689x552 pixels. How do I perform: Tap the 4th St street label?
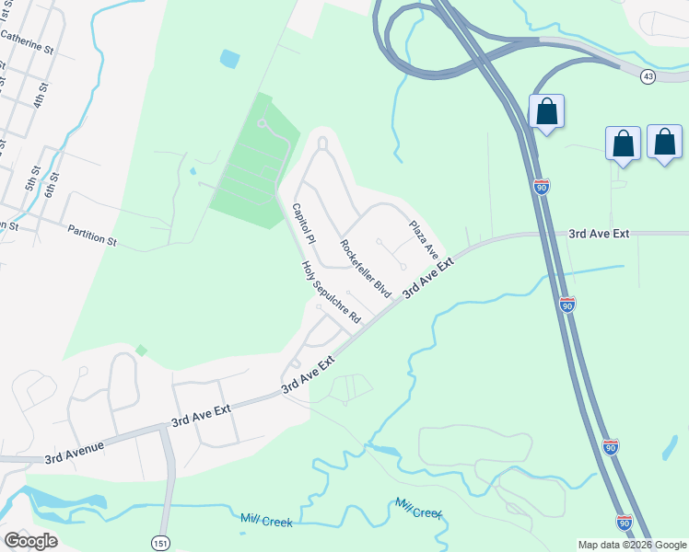[x=40, y=94]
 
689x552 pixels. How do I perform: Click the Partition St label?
[x=92, y=234]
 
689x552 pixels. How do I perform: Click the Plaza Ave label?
[x=424, y=238]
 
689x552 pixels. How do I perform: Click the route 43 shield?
[x=648, y=77]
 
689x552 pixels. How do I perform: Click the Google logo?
[x=30, y=540]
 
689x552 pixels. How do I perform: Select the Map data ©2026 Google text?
[x=632, y=545]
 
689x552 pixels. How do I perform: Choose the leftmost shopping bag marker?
[x=546, y=111]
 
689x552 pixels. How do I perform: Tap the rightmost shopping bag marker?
[x=664, y=143]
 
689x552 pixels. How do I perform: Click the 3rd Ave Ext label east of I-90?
[x=599, y=234]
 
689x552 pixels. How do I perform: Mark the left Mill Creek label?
[x=266, y=521]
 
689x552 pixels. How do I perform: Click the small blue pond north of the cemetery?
[x=229, y=59]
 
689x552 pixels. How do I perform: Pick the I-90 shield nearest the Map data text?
[x=625, y=523]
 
